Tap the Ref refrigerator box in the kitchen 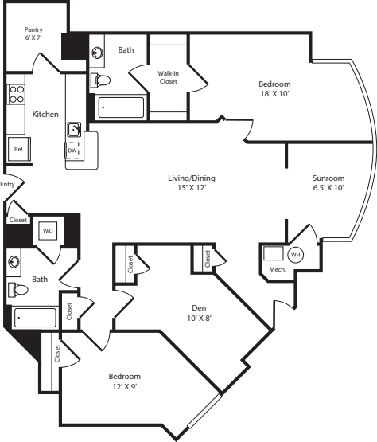[17, 149]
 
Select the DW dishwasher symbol [73, 150]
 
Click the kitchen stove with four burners [17, 96]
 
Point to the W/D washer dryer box [47, 231]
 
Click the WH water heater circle [295, 255]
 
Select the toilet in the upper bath [101, 80]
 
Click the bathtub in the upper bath [120, 108]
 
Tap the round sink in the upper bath [98, 53]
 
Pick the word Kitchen [45, 114]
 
